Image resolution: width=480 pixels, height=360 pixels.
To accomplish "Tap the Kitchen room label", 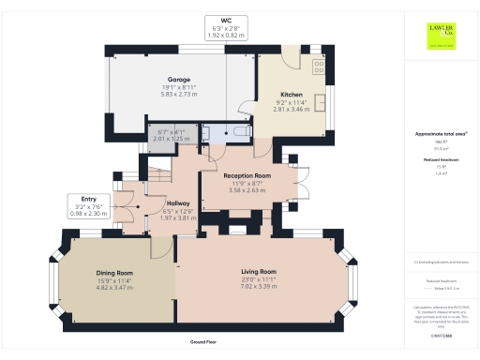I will click(291, 95).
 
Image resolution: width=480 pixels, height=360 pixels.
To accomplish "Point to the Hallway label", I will click(178, 202).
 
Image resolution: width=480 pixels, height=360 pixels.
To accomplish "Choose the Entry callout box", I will click(90, 206).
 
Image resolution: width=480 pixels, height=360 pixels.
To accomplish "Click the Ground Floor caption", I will click(203, 344).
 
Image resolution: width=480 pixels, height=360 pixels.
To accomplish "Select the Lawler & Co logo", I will click(441, 35).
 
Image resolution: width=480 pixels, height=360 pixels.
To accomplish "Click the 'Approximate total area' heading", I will click(439, 134).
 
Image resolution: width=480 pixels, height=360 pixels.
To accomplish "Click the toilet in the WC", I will click(240, 134).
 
